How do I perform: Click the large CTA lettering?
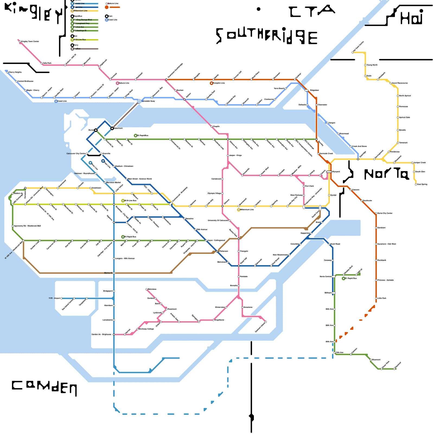coord(312,11)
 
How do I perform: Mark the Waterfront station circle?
coord(112,128)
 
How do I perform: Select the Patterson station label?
coord(224,251)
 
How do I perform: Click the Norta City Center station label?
coord(385,213)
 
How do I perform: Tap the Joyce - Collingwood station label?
coord(216,240)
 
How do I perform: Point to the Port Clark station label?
coord(309,186)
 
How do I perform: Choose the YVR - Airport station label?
coord(54,298)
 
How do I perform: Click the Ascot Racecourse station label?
coord(400,83)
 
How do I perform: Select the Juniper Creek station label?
coord(420,162)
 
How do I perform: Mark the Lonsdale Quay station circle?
coord(139,101)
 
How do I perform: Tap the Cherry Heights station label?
coord(15,72)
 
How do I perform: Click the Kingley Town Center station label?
coord(30,42)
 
